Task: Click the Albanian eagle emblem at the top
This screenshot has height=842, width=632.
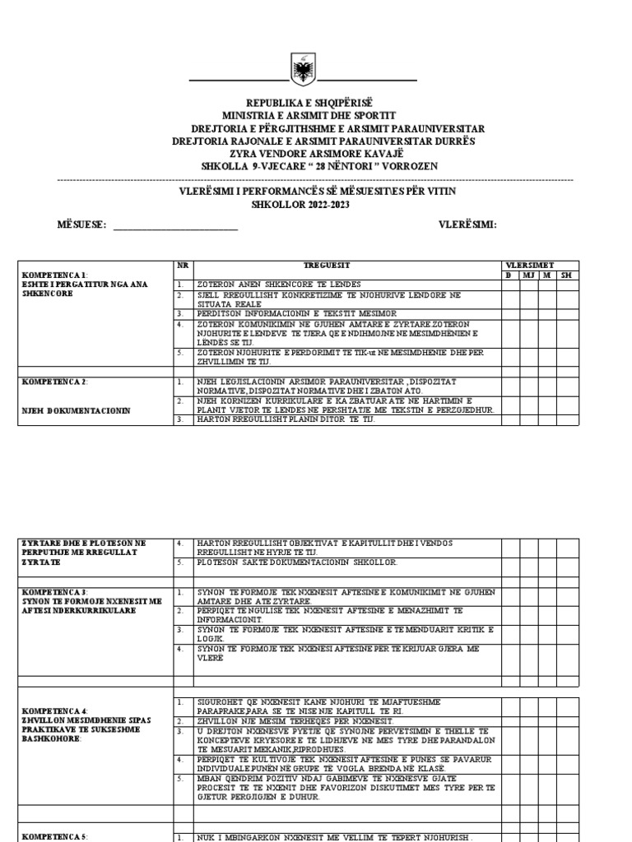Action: coord(304,69)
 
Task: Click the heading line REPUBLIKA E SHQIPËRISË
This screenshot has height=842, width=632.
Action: coord(304,103)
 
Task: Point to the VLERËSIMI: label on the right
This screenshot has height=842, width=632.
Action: coord(467,225)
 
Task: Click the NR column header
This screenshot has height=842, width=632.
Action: coord(183,266)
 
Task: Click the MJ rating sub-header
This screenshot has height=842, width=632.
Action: coord(528,275)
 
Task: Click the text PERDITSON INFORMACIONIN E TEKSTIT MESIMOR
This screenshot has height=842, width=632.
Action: coord(297,313)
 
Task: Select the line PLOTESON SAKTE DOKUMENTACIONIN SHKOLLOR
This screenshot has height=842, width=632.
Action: coord(297,562)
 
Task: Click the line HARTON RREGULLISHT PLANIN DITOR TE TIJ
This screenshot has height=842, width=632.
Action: coord(286,419)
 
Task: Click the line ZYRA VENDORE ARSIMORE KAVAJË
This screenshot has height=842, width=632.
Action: coord(304,154)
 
